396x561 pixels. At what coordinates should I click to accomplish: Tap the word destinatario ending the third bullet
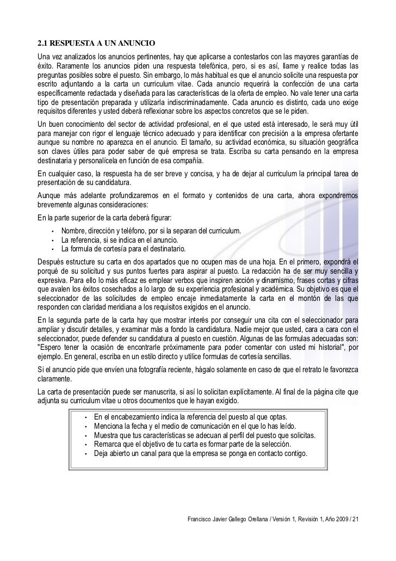(165, 249)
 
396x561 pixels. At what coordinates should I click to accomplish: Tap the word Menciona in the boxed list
(109, 426)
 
